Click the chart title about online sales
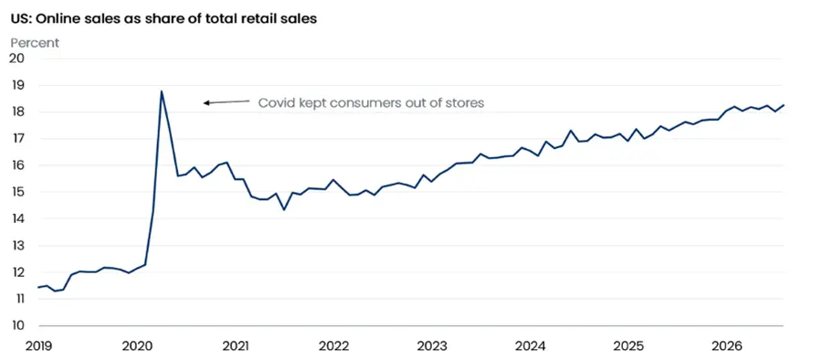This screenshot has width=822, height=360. [x=163, y=20]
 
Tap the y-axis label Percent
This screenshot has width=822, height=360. [x=35, y=43]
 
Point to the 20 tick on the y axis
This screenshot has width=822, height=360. [x=17, y=58]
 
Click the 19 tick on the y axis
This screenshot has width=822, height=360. [x=18, y=84]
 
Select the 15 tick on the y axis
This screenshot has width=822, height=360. [x=18, y=192]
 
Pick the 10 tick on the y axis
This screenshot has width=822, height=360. [x=18, y=326]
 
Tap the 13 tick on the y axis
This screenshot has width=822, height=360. [x=18, y=246]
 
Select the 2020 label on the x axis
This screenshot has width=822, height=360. [x=137, y=346]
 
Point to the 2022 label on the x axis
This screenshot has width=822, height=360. [x=333, y=346]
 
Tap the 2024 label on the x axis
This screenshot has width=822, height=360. [x=530, y=346]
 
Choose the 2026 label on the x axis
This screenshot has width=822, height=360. [x=727, y=346]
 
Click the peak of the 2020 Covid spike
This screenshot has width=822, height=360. [x=162, y=91]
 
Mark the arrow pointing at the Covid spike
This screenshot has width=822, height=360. [x=227, y=101]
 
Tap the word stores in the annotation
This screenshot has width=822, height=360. [x=466, y=103]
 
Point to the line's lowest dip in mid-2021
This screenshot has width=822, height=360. [x=284, y=210]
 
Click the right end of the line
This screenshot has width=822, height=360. [x=784, y=105]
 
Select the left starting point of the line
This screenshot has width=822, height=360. [x=37, y=288]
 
